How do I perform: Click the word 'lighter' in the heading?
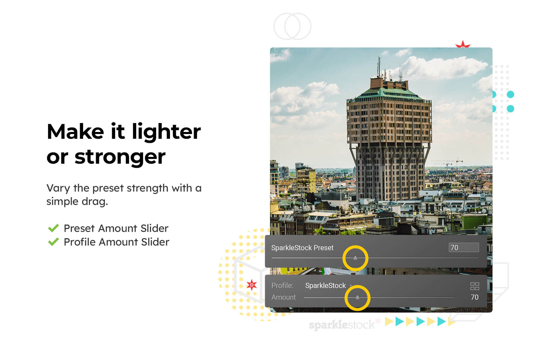point(166,132)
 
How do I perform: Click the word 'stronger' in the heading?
point(120,157)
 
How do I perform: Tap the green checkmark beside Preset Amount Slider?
point(53,228)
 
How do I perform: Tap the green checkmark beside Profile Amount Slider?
point(53,242)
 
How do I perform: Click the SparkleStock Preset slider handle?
point(355,258)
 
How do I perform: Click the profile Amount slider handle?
point(357,297)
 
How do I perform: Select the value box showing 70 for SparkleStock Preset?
point(463,248)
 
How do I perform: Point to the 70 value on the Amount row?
point(474,297)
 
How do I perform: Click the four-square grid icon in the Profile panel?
point(474,286)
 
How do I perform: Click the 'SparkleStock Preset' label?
point(302,248)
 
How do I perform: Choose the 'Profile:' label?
point(282,286)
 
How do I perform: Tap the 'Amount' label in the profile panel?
point(283,297)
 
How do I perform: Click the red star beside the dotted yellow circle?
point(252,285)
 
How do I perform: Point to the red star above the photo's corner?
point(463,44)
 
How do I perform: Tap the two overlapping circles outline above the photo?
point(292,26)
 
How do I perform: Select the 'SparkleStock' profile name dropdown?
point(325,286)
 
